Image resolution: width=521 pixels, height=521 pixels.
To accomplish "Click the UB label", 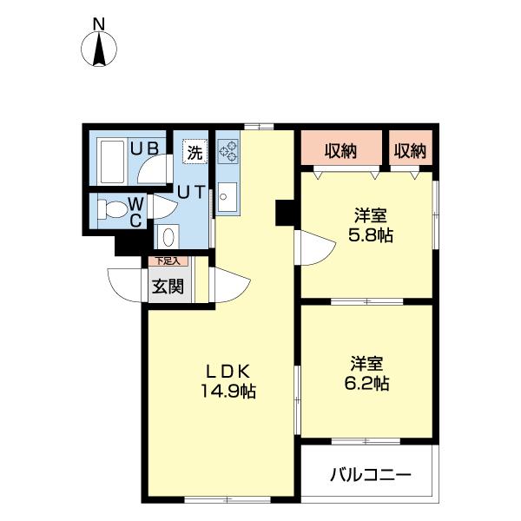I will (144, 148).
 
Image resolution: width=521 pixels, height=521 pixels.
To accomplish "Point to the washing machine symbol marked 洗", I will (196, 151).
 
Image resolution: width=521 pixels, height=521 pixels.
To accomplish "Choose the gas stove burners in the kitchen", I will (228, 153).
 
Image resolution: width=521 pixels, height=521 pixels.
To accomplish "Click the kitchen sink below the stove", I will (227, 199).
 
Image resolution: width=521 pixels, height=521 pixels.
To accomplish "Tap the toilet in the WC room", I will (110, 210).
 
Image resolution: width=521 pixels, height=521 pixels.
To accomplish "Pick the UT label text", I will (190, 193).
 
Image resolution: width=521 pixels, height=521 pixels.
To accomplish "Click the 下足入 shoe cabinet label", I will (166, 260).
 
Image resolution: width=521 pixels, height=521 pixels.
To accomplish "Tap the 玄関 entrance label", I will (168, 286).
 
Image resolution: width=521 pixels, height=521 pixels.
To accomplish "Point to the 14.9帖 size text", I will (227, 392).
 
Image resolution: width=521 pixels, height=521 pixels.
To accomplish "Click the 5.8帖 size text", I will (370, 234).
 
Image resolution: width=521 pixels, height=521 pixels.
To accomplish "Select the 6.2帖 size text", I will (369, 382).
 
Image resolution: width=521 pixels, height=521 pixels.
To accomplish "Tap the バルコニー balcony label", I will (369, 475).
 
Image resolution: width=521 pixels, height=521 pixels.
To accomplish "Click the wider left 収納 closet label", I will (341, 151).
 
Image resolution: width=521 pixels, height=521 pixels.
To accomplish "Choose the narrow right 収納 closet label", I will (410, 151).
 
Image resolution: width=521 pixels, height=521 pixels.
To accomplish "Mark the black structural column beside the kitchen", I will (285, 212).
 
